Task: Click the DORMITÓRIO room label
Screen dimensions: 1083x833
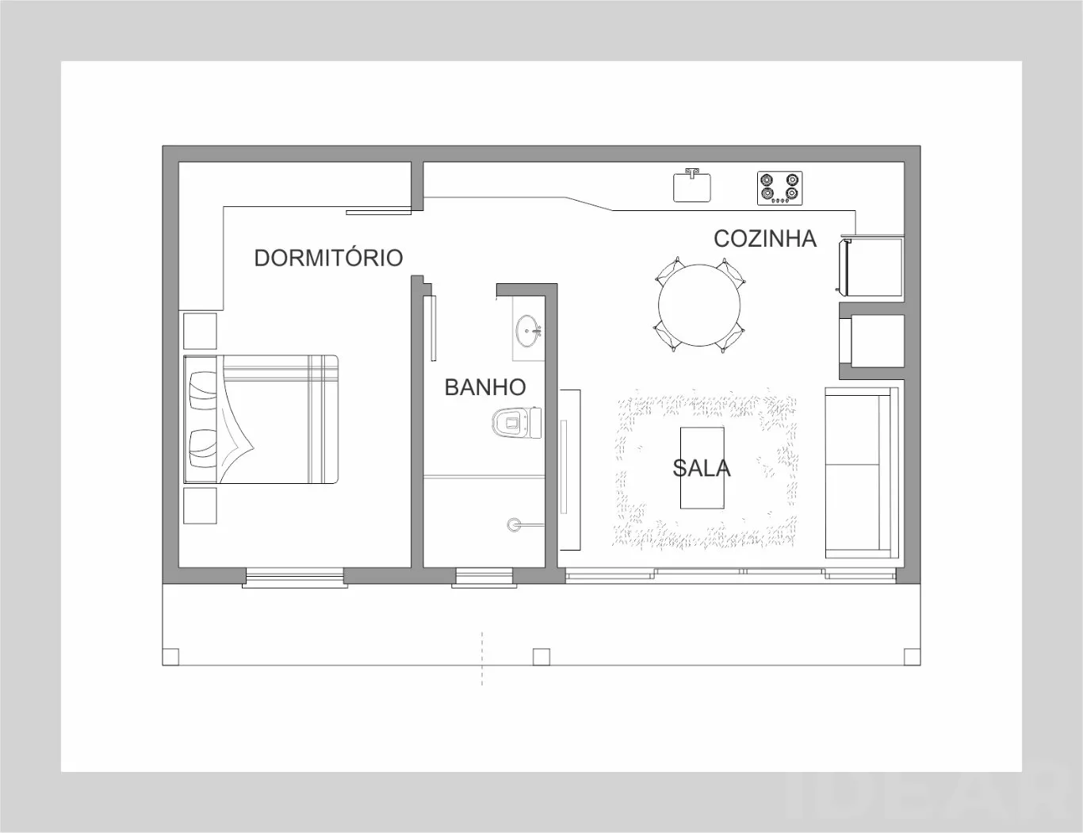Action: tap(328, 258)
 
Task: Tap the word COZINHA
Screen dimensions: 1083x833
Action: tap(765, 239)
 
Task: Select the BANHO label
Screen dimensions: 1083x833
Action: tap(485, 387)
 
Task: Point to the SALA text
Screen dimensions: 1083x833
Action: tap(701, 468)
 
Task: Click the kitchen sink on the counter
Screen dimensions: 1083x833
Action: tap(692, 186)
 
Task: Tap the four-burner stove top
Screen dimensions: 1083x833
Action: tap(779, 188)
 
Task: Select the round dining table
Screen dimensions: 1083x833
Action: tap(699, 305)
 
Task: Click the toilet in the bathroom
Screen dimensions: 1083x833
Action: tap(516, 423)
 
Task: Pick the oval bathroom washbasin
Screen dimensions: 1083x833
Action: tap(528, 331)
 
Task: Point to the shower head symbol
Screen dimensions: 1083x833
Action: tap(514, 524)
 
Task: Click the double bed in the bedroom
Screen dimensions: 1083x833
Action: tap(261, 419)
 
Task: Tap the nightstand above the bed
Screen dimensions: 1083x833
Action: tap(200, 331)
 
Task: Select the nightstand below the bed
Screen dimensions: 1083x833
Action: tap(200, 506)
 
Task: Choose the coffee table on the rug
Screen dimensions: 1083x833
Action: tap(702, 467)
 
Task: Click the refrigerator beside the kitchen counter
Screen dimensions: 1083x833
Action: tap(871, 267)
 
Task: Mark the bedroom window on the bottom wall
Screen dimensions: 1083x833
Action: tap(295, 578)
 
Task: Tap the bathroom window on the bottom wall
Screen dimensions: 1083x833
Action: tap(484, 578)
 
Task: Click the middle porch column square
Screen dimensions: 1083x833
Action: tap(541, 657)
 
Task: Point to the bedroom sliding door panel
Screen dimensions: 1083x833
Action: tap(379, 213)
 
